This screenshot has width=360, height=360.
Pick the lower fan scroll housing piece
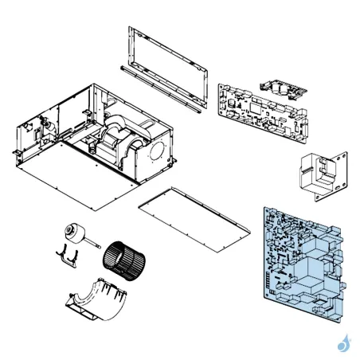96,299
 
